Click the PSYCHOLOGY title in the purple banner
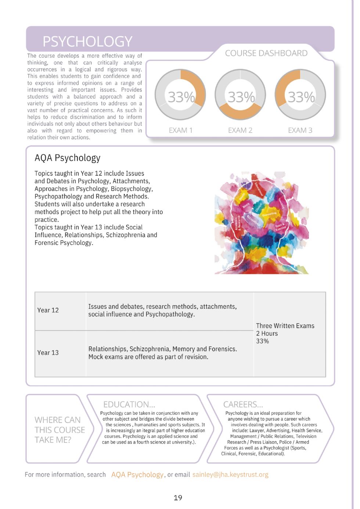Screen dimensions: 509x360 click(87, 41)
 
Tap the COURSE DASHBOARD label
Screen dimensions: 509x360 click(266, 53)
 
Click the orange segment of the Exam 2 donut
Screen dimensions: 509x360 click(240, 112)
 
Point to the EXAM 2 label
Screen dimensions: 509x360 click(240, 130)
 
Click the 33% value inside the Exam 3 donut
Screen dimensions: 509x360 click(301, 97)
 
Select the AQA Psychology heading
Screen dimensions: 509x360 click(67, 158)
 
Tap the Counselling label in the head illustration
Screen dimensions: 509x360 click(270, 214)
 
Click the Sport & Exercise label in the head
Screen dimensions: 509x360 click(280, 226)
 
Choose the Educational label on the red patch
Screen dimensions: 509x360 click(259, 189)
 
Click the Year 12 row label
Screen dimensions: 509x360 click(48, 310)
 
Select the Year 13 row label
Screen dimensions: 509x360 click(48, 353)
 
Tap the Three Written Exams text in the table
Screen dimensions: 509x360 click(285, 326)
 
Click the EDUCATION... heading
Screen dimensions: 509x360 click(129, 404)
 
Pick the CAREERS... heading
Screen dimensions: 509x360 click(243, 404)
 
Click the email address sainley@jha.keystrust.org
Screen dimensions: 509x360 click(230, 474)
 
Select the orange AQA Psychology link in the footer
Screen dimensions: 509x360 click(137, 474)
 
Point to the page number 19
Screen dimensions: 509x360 click(178, 498)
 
